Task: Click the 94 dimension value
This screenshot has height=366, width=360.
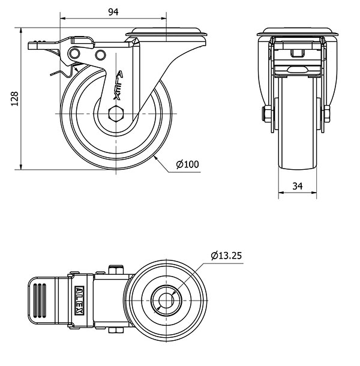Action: tap(112, 11)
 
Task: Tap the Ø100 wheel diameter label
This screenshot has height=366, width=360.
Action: tap(187, 164)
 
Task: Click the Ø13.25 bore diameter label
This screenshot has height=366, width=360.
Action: tap(226, 256)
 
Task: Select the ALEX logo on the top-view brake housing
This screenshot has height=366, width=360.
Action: tap(79, 298)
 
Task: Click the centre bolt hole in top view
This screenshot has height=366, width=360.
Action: tap(163, 298)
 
